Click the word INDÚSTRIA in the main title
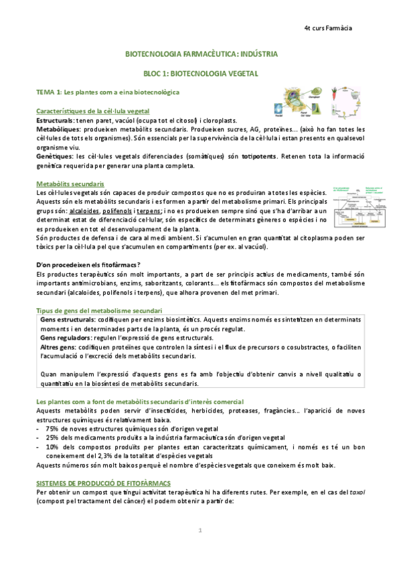click(255, 53)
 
